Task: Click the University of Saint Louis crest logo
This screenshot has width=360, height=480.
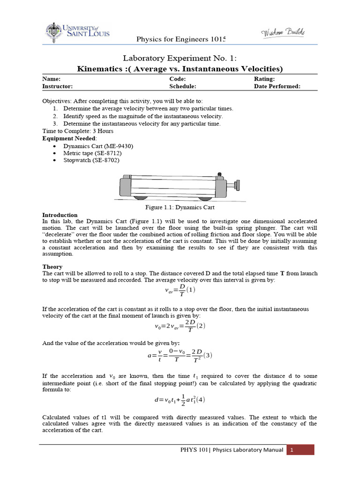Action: (52, 33)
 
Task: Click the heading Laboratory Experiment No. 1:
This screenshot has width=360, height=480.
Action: (180, 58)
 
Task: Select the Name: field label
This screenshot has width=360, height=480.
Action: (51, 79)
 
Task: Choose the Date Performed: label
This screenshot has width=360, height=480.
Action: (277, 86)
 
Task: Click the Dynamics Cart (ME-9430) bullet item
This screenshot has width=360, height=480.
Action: (98, 146)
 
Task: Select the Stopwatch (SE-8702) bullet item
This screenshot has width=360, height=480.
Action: (91, 160)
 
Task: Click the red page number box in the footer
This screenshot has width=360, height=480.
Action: (300, 450)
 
